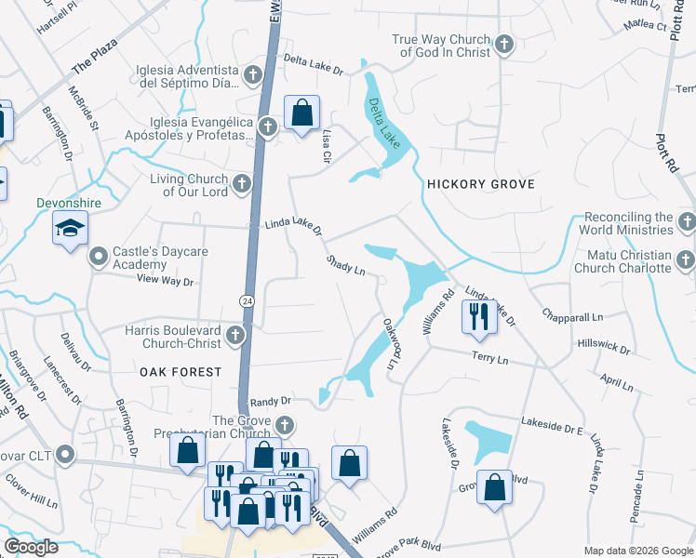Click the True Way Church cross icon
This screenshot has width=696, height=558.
(x=503, y=45)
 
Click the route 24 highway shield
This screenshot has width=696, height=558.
(x=246, y=300)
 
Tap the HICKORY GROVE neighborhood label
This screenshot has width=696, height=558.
(x=480, y=184)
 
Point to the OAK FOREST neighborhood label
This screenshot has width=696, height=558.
(x=181, y=371)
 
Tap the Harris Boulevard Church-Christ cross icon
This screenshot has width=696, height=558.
(x=236, y=335)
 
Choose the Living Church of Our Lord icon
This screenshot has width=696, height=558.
(x=242, y=183)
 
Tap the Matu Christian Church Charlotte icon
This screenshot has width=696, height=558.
(x=687, y=259)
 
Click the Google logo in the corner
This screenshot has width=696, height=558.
(x=31, y=547)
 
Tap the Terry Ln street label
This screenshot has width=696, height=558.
(x=489, y=359)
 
